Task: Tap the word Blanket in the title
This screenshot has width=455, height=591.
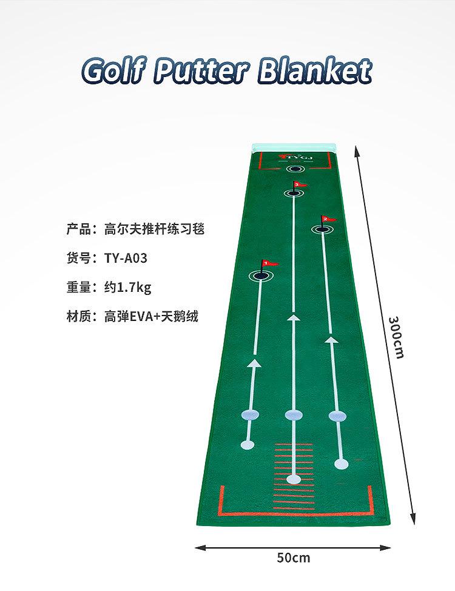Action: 314,71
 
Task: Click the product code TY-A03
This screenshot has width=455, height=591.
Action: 126,258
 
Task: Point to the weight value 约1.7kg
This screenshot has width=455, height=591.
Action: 127,288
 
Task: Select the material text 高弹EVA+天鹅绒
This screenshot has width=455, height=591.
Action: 151,316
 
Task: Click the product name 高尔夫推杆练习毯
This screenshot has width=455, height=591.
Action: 154,229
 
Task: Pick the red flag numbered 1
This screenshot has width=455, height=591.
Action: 269,264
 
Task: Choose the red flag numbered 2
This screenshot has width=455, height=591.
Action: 326,218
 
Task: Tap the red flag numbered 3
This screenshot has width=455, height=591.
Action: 298,184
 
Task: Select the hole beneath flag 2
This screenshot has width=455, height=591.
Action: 321,229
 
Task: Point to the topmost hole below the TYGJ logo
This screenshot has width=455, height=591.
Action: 294,169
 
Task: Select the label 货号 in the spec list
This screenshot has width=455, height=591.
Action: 78,258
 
